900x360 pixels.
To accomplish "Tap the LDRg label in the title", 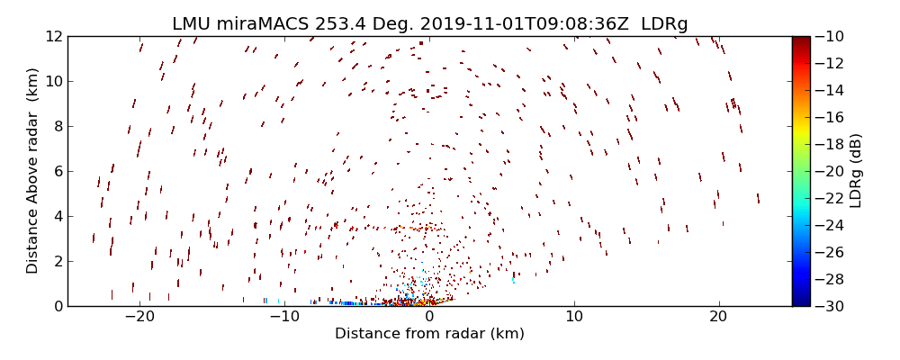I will click(664, 24).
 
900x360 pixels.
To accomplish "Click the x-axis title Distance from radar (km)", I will click(429, 334).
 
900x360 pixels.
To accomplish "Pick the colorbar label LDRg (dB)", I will click(856, 171).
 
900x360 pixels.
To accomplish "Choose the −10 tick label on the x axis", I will click(284, 317).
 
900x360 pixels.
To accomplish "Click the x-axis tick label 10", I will click(574, 317).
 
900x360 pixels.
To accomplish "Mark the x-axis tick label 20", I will click(718, 317).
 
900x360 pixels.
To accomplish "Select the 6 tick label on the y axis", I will click(57, 171).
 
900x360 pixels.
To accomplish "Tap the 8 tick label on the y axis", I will click(57, 126).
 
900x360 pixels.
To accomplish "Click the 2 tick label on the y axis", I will click(57, 261).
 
